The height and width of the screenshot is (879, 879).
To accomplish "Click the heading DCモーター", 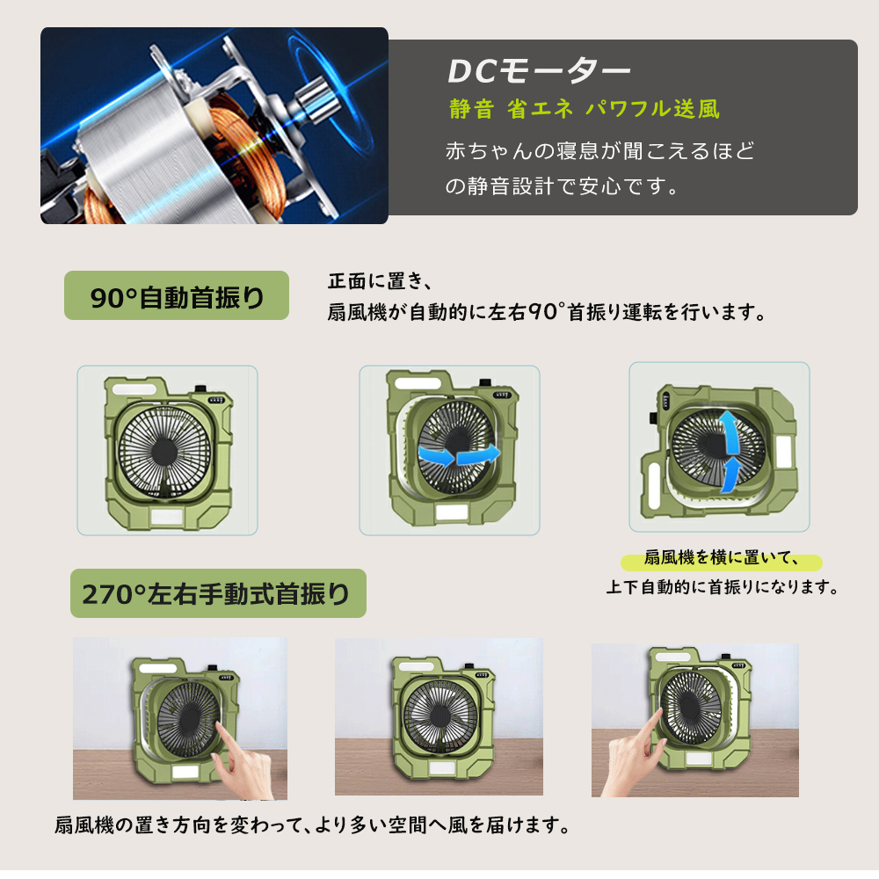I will click(539, 71).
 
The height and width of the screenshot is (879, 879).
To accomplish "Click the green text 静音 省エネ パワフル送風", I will click(584, 110).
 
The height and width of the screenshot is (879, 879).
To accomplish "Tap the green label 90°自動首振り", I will click(177, 296).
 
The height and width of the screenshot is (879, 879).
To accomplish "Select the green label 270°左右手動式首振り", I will click(217, 596).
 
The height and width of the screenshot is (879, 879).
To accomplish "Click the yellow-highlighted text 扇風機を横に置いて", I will click(720, 560).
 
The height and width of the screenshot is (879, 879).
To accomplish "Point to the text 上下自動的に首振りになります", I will click(721, 587).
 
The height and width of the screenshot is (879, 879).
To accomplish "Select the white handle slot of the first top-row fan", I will click(133, 388).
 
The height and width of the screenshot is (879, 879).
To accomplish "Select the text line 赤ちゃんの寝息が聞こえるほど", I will click(600, 150).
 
